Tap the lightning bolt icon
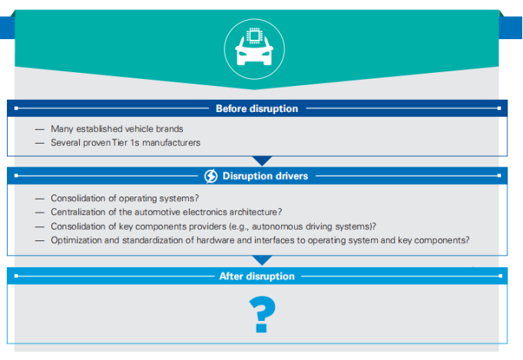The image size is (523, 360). [211, 176]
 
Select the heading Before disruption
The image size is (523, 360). [257, 108]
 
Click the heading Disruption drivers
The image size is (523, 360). [265, 176]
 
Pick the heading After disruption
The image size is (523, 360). [257, 276]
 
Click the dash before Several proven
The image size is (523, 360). [39, 142]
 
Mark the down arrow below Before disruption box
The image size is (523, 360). [262, 161]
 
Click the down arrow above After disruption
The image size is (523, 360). [262, 261]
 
